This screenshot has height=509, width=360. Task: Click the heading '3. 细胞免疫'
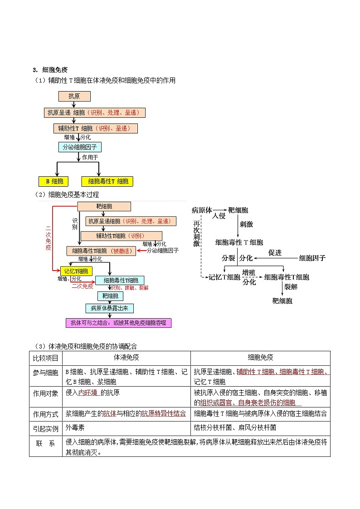click(50, 70)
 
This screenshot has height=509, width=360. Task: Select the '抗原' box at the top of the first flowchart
click(74, 96)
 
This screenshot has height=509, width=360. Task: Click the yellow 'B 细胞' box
click(54, 181)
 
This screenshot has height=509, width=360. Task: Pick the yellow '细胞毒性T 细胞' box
click(108, 181)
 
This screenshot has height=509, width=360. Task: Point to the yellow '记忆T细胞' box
click(73, 271)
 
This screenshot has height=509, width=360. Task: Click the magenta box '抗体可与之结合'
click(118, 323)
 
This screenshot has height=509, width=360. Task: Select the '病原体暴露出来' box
click(109, 308)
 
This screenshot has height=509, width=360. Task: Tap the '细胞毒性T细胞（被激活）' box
click(101, 251)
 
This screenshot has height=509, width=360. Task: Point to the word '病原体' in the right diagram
click(202, 210)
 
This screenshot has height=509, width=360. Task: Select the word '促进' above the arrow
click(275, 252)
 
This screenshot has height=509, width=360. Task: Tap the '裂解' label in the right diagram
click(290, 287)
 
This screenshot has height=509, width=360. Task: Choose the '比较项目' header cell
click(45, 357)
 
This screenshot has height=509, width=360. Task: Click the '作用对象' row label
click(45, 393)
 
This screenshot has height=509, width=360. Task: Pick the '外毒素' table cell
click(75, 427)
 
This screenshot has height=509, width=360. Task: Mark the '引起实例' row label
click(45, 427)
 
